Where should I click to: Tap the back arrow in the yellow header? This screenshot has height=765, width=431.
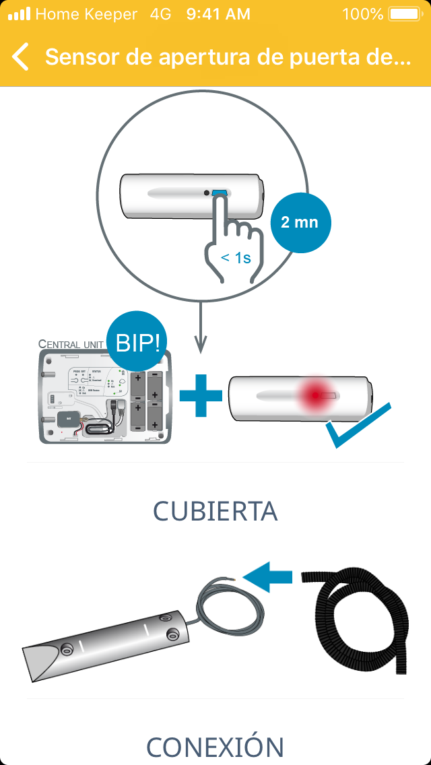tap(21, 57)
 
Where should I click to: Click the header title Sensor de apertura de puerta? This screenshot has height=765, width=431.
tap(228, 57)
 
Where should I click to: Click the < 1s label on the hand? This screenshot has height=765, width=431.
tap(236, 257)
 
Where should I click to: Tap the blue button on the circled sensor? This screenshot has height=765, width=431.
tap(220, 193)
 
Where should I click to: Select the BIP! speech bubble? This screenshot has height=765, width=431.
tap(138, 343)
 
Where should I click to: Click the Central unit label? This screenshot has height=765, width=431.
tap(71, 344)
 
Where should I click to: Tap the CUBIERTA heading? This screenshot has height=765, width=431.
tap(215, 511)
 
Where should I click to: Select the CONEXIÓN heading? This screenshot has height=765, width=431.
tap(215, 747)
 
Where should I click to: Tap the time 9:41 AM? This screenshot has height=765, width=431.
tap(218, 14)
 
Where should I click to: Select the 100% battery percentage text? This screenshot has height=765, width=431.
tap(362, 14)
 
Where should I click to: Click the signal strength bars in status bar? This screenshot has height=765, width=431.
tap(19, 14)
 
